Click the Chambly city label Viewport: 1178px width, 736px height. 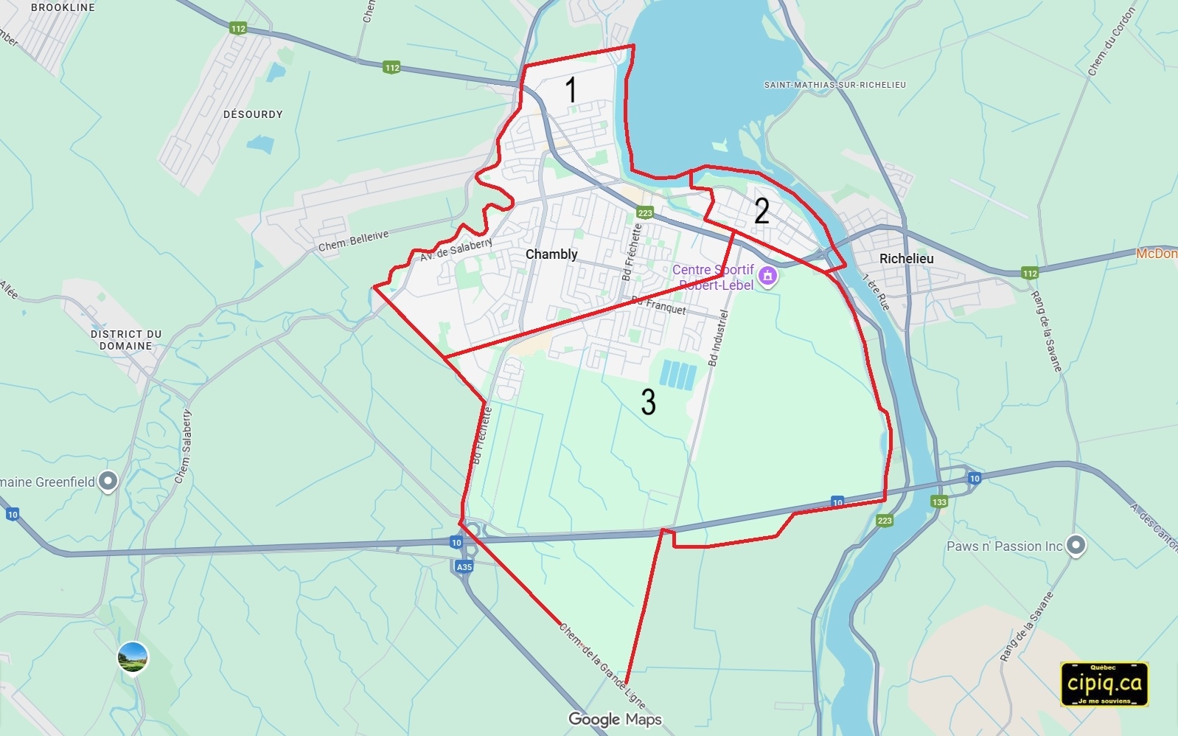pos(551,254)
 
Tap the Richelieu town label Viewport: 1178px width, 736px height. pos(906,259)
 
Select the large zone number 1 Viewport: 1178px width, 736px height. pos(571,90)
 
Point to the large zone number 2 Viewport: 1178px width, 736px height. pos(761,211)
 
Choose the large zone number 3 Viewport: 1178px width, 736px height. pos(648,402)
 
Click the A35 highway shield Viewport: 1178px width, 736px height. pos(464,566)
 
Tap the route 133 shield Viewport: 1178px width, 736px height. pos(938,501)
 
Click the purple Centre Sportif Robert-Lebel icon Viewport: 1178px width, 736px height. pos(768,277)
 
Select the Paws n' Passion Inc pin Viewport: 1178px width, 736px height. pos(1076,545)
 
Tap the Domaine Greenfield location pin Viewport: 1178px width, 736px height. pos(108,482)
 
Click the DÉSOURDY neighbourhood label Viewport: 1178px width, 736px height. pos(253,114)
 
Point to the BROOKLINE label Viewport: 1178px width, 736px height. pos(63,7)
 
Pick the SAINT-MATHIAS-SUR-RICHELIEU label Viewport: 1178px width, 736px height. pos(834,85)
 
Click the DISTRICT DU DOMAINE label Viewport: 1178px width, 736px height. pos(126,340)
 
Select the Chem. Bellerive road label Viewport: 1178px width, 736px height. pos(353,241)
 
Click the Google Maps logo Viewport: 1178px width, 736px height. pos(615,719)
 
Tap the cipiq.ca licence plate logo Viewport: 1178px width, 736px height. pos(1104,684)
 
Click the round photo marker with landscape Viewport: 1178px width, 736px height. pos(133,656)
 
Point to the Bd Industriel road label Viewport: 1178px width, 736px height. pos(718,339)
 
